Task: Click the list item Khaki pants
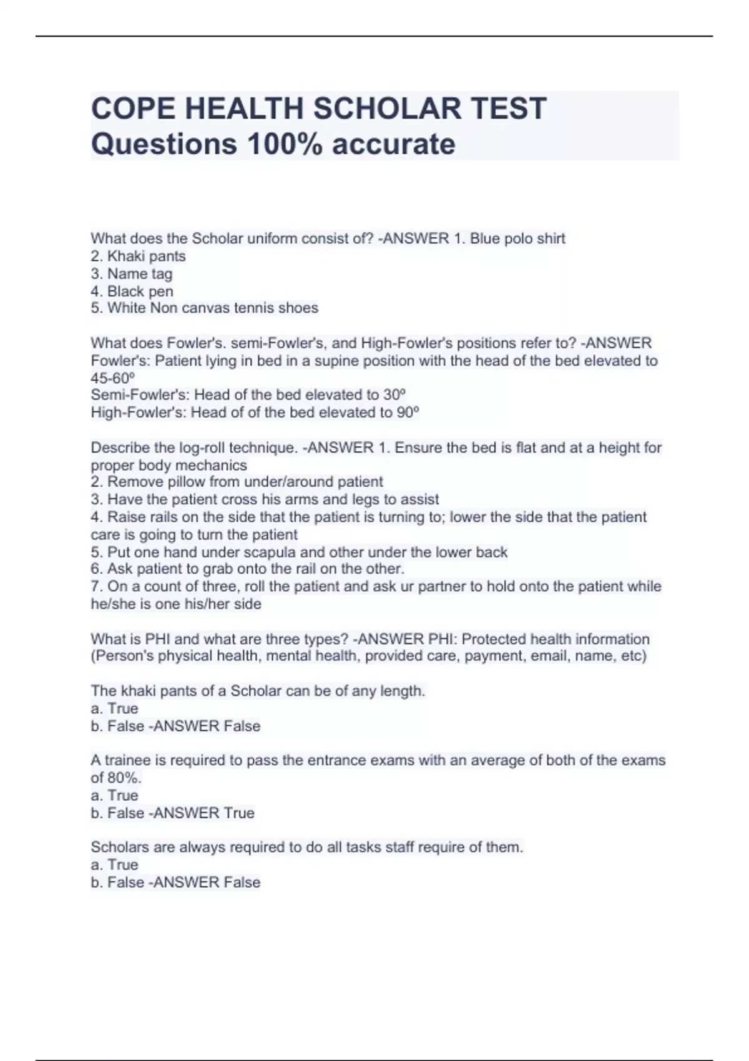(146, 257)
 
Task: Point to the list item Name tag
(139, 274)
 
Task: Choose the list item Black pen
(140, 291)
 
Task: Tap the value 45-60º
(113, 378)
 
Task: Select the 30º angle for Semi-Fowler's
(394, 395)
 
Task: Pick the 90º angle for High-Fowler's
(408, 413)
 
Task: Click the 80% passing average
(124, 778)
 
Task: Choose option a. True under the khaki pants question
(114, 709)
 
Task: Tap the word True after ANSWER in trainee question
(239, 813)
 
